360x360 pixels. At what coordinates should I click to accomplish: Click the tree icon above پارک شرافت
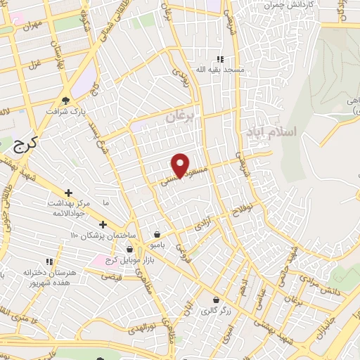click(65, 101)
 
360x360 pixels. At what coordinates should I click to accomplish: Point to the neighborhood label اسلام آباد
click(272, 131)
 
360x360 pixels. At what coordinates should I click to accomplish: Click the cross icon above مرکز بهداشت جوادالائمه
click(68, 192)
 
